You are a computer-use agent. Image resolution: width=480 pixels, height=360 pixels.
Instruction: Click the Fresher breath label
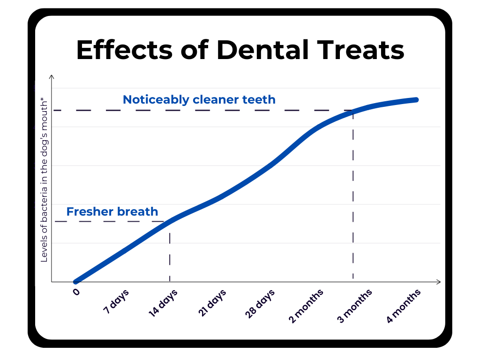click(112, 211)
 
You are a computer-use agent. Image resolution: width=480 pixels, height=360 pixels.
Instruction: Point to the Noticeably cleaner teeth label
click(199, 99)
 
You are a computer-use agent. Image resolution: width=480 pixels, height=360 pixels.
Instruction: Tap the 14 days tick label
click(163, 303)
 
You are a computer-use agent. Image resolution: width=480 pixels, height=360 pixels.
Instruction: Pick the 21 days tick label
click(212, 303)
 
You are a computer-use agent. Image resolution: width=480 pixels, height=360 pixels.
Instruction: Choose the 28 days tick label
click(260, 304)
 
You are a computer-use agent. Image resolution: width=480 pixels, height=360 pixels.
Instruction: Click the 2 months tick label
click(306, 306)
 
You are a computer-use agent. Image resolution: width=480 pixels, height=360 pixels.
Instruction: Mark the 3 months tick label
click(355, 306)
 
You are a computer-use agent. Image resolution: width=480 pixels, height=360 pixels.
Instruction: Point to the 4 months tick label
click(404, 306)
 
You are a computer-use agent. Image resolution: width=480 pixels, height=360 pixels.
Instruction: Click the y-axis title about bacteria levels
click(44, 180)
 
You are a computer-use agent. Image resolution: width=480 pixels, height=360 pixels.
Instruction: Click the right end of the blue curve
click(416, 100)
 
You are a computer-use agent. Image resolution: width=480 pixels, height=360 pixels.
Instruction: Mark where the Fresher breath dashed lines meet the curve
click(169, 221)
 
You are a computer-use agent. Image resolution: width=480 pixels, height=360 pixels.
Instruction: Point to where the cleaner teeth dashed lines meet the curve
click(353, 111)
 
